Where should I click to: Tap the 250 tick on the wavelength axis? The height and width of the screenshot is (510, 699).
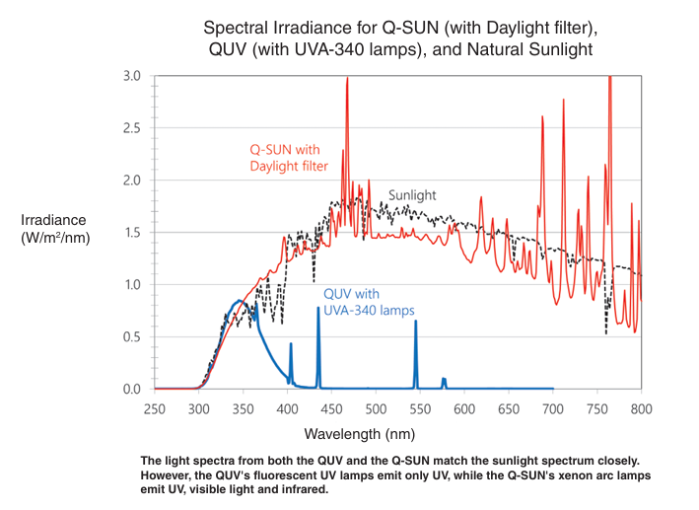click(154, 408)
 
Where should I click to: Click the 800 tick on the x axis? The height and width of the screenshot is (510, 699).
click(641, 408)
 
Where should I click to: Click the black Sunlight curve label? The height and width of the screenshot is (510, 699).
click(412, 195)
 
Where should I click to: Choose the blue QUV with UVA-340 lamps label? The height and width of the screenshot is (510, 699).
click(369, 302)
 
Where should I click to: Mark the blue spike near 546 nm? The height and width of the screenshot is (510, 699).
click(415, 326)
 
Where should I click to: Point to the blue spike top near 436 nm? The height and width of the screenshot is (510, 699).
click(317, 309)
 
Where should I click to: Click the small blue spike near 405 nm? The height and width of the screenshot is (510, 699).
click(291, 346)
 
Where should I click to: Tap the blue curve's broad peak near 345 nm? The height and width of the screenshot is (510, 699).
click(239, 301)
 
